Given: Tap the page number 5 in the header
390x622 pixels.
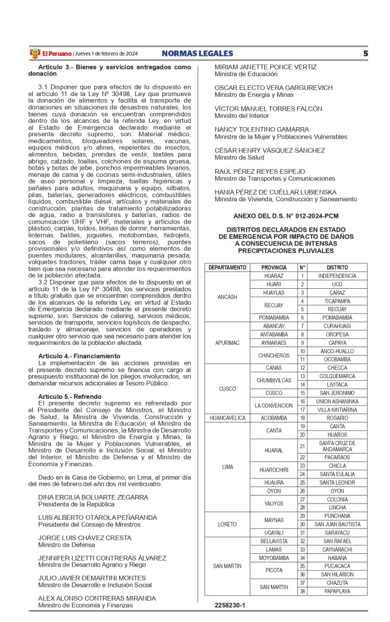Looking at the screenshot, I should [366, 53].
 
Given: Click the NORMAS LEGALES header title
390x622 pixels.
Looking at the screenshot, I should [197, 53].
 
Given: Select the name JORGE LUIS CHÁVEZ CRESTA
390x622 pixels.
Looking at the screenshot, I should [84, 537].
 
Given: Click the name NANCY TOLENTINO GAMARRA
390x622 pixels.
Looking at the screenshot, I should [262, 130].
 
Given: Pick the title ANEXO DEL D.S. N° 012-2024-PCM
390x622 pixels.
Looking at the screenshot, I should [286, 216].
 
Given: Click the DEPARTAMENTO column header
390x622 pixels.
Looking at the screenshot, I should [227, 268].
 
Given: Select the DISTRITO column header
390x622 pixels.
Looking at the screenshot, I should [337, 268].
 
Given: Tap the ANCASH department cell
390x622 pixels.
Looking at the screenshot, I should [227, 297].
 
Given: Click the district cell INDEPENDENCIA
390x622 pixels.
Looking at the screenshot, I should [337, 276].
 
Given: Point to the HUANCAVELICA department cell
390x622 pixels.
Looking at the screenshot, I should [227, 418].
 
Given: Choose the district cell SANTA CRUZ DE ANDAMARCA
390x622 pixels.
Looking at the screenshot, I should [337, 446].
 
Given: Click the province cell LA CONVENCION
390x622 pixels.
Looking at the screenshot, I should [273, 406].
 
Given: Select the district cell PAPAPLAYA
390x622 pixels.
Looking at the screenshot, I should [337, 590].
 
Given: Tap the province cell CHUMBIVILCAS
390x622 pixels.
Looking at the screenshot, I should [273, 381].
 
